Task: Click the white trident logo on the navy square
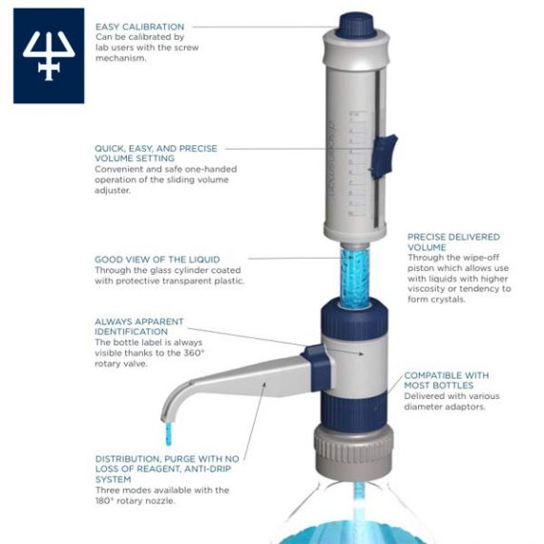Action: tap(49, 55)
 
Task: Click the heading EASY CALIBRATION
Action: tap(139, 27)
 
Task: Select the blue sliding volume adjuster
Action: tap(384, 157)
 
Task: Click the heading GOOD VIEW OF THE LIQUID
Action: tap(157, 260)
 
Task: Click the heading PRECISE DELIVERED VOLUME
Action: tap(453, 242)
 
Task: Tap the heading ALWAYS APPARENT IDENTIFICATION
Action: tap(139, 326)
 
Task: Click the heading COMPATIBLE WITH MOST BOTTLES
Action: tap(447, 380)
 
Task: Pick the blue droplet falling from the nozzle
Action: tap(169, 433)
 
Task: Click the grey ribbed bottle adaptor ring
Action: tap(354, 448)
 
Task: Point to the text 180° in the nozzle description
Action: tap(105, 501)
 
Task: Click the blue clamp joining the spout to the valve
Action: tap(317, 367)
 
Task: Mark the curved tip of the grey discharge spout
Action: tap(164, 418)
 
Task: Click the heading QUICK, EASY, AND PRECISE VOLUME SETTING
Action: tap(156, 154)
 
